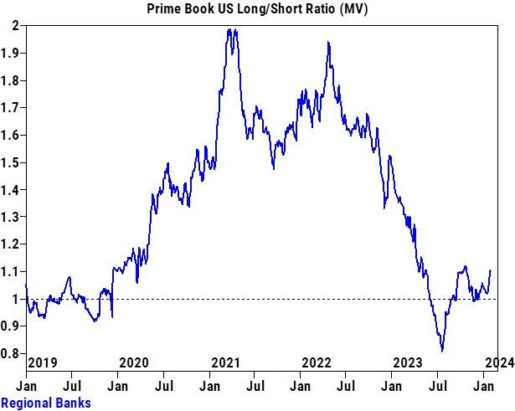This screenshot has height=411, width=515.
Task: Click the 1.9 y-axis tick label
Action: [12, 54]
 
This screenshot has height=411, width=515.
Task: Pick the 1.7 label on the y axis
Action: [12, 108]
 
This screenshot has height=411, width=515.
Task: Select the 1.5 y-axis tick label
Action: [12, 162]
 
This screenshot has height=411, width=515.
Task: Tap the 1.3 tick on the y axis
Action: [12, 218]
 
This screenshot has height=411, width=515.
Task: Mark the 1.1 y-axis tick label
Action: [12, 272]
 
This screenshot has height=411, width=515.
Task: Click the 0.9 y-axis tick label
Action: [12, 326]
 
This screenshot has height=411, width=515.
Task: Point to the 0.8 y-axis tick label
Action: [12, 354]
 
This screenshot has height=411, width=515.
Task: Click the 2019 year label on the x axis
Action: [43, 362]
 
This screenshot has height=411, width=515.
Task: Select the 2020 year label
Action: [134, 362]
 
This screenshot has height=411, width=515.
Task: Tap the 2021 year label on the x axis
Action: [226, 362]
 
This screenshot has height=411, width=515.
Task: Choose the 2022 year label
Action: [317, 362]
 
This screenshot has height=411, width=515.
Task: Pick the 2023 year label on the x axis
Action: [409, 362]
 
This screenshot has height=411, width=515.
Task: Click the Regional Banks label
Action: [46, 403]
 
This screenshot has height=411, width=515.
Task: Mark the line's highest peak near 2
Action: [229, 29]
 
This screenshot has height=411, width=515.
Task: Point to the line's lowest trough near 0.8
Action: [441, 351]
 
